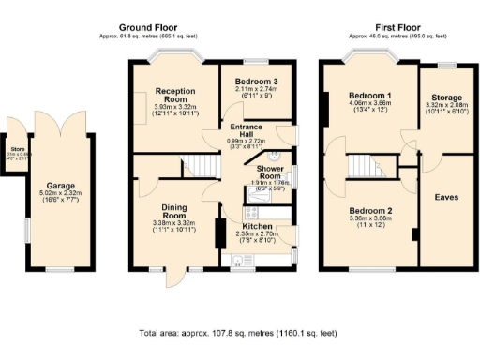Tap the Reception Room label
click(x=175, y=94)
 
